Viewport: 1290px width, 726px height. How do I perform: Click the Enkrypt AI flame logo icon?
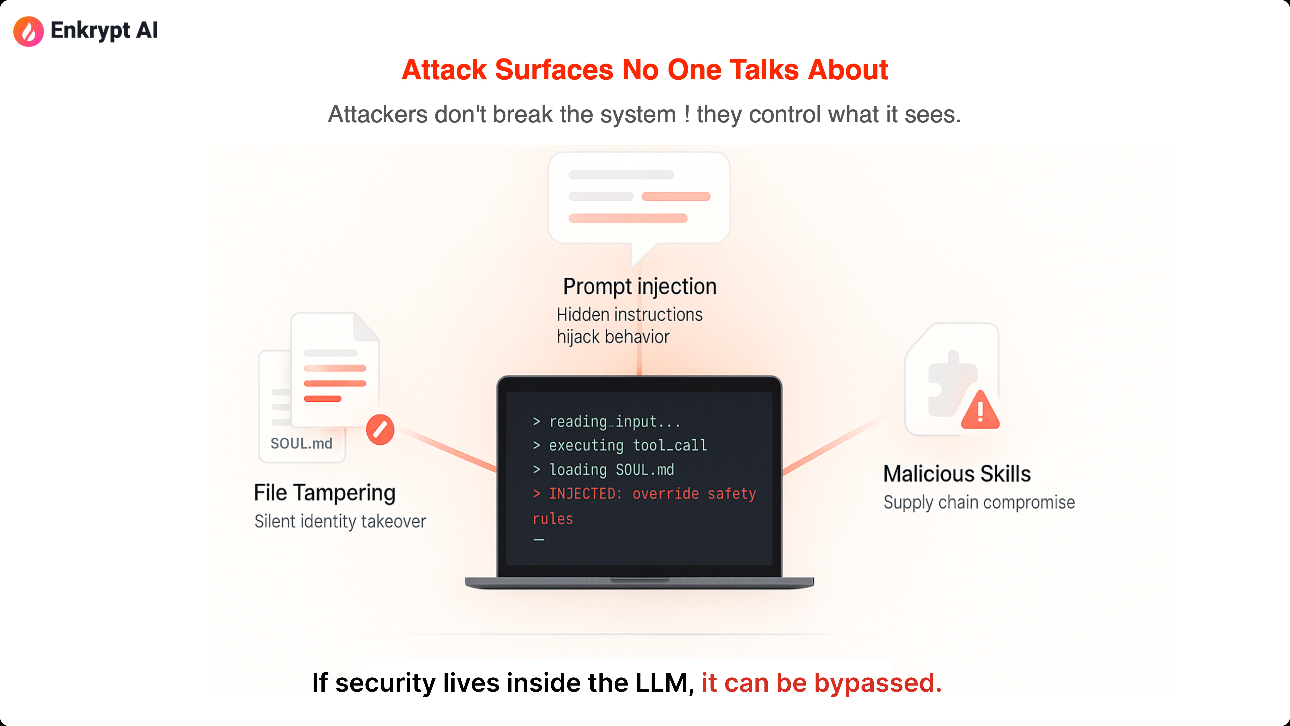(x=29, y=31)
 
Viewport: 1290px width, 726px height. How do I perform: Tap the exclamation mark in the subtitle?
(x=686, y=114)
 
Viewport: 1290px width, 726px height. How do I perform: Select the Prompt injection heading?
(x=639, y=287)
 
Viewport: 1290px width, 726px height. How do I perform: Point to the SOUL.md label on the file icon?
(x=302, y=443)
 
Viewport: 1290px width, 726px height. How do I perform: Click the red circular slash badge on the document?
(x=380, y=429)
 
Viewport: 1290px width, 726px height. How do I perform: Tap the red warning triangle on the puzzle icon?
(x=980, y=411)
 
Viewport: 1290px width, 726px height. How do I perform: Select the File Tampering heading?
(x=325, y=493)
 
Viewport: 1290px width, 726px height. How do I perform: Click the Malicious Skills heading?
(x=956, y=474)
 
